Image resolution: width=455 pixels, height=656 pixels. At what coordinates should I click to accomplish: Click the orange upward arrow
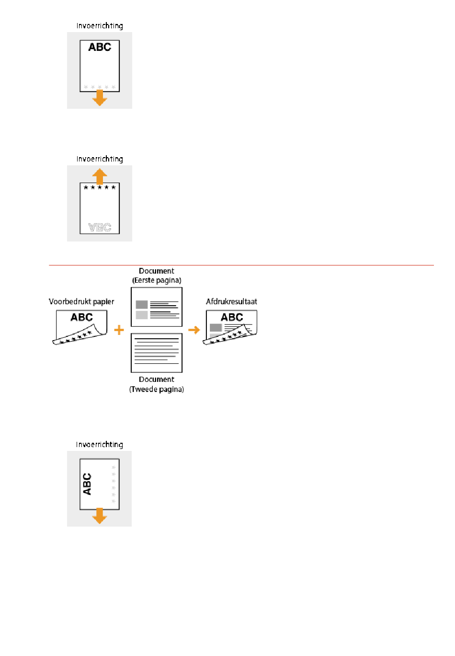(x=100, y=176)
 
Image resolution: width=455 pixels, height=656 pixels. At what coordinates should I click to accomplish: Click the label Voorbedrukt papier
(x=81, y=302)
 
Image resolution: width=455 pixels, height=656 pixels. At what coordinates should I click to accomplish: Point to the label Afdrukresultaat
(x=231, y=301)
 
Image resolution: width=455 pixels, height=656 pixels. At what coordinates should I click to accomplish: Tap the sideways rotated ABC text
(x=87, y=484)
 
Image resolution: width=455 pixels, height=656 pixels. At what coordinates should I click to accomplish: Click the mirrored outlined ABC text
(x=100, y=227)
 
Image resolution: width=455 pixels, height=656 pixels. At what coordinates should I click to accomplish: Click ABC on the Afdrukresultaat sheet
(x=232, y=317)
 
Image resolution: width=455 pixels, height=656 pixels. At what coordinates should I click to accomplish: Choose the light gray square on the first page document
(x=142, y=315)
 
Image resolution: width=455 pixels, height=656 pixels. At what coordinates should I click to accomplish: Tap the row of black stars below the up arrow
(x=100, y=187)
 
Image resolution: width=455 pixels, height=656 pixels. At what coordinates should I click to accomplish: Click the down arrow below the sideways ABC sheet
(x=100, y=516)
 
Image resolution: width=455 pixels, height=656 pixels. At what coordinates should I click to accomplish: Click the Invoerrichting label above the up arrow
(x=100, y=159)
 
